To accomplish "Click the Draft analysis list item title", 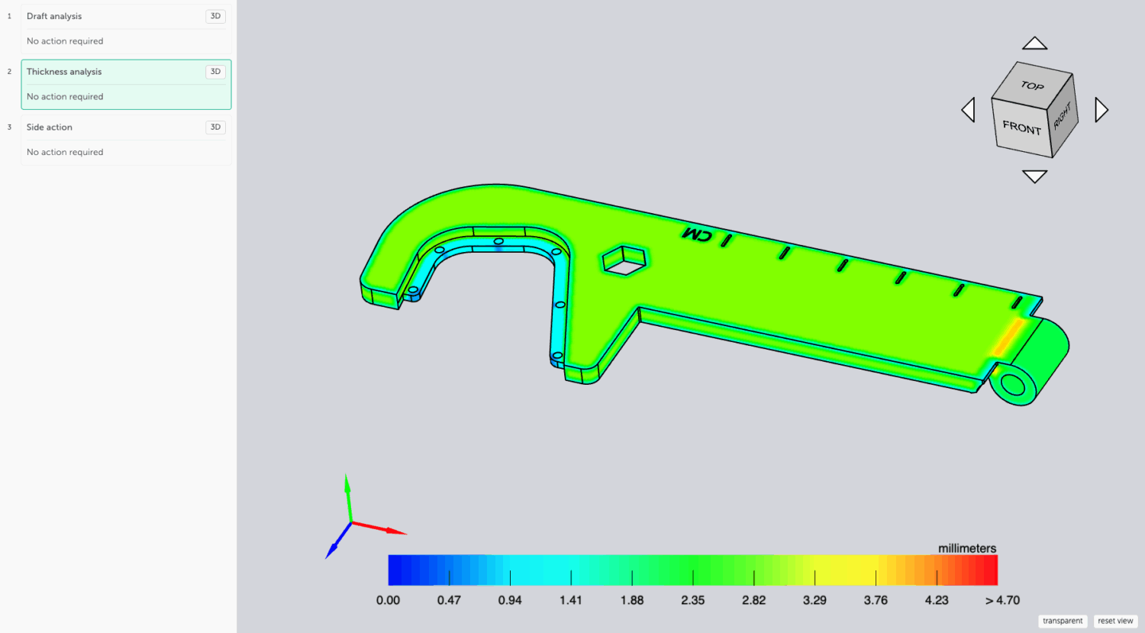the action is click(x=54, y=16).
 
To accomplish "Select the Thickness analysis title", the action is click(x=64, y=72).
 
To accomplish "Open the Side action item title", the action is click(x=49, y=128).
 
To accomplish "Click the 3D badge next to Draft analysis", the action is click(x=216, y=16).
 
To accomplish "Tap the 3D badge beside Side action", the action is click(x=216, y=128).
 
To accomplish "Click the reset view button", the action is click(x=1115, y=621).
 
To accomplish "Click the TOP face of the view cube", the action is click(x=1032, y=84).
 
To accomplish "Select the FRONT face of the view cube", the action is click(x=1021, y=128).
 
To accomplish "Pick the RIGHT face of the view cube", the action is click(x=1063, y=117).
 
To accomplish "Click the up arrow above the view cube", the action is click(x=1034, y=44).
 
